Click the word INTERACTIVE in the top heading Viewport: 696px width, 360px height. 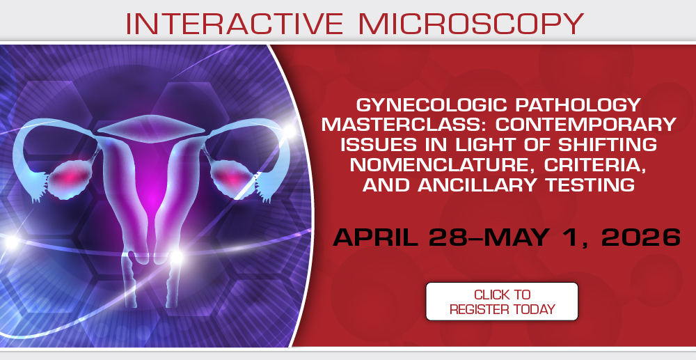click(x=235, y=24)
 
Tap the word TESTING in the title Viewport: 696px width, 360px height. click(x=591, y=185)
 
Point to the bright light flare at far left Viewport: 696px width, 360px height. click(x=11, y=242)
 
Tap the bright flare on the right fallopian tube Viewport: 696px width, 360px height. click(x=289, y=130)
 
